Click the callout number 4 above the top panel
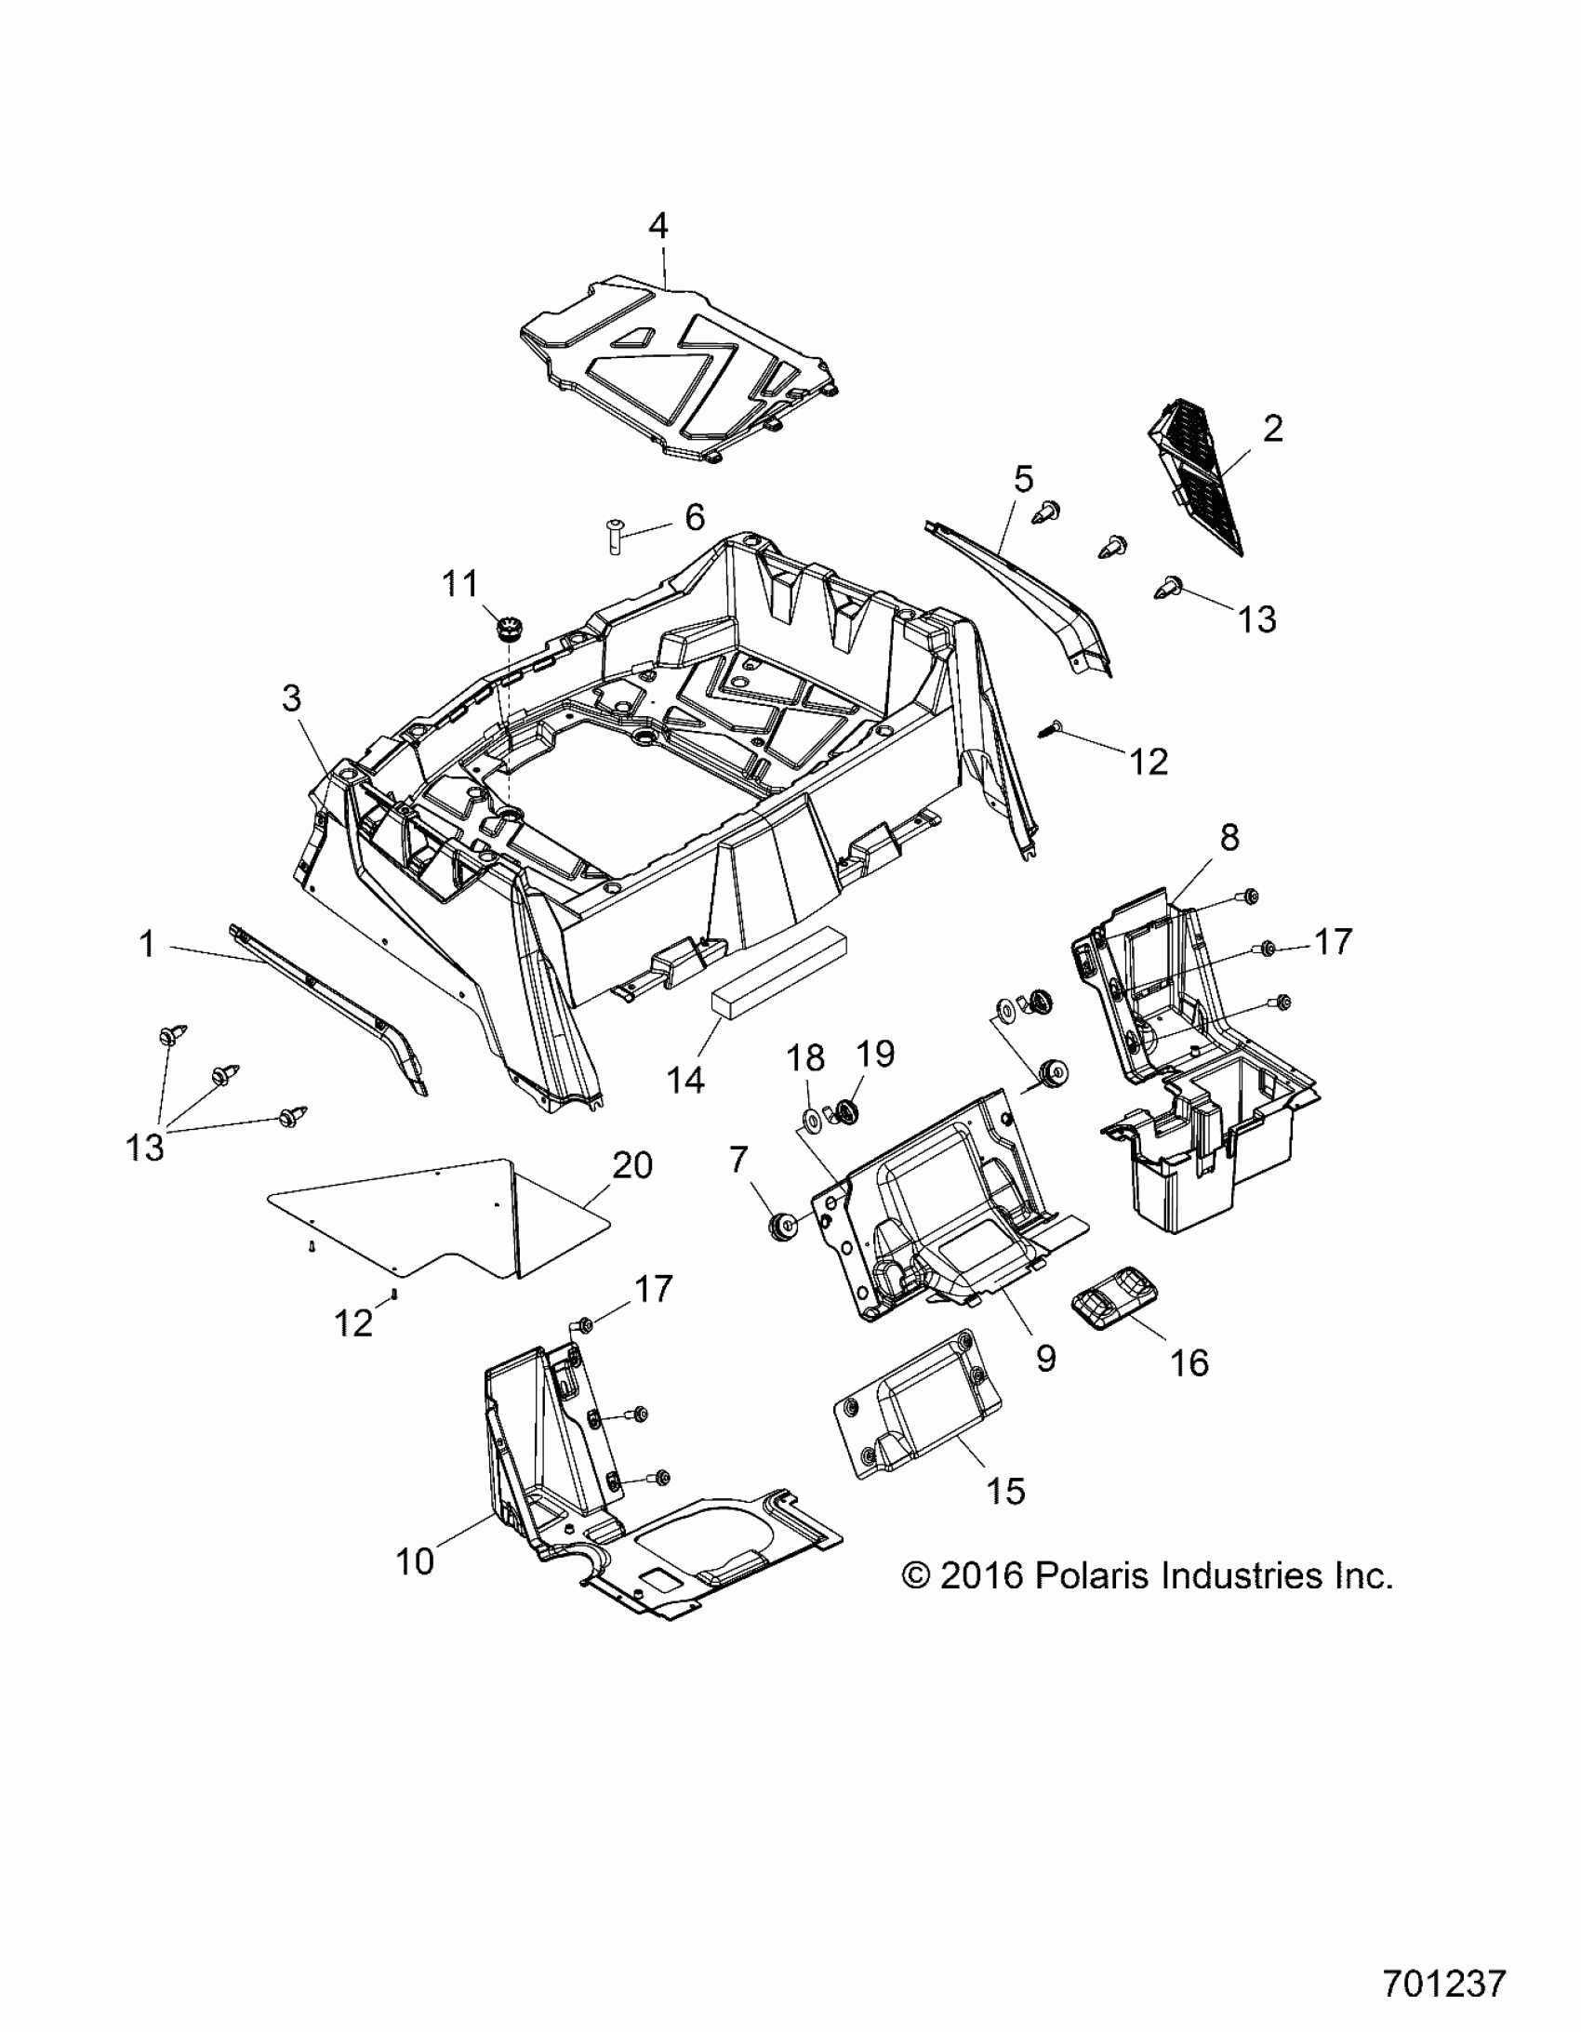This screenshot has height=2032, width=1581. click(x=658, y=226)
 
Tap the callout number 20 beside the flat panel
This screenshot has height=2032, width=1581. click(x=632, y=1165)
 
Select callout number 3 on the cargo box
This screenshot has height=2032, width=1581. click(x=291, y=697)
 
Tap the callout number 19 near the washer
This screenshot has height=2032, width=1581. click(x=874, y=1055)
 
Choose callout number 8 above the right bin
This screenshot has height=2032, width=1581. click(x=1229, y=837)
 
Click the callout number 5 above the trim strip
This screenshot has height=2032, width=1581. click(x=1023, y=480)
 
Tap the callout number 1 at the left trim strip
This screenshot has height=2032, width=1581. click(x=146, y=944)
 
